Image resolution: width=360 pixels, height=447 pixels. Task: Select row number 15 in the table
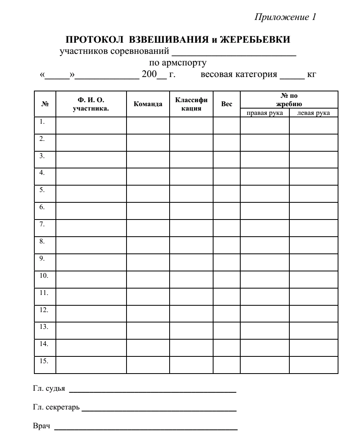(44, 361)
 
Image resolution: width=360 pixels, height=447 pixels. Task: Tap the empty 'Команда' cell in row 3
(148, 159)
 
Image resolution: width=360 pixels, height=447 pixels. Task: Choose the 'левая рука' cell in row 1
(313, 125)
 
